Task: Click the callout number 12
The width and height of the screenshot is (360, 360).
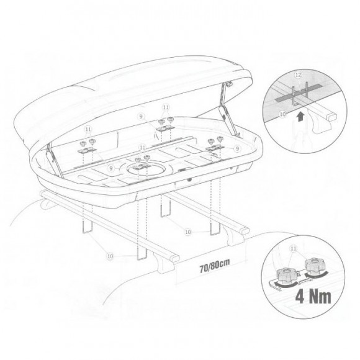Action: [298, 75]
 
